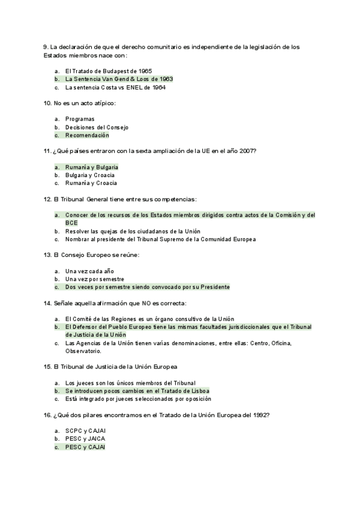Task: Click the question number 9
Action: pyautogui.click(x=46, y=46)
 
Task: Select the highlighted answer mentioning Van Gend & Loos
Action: pyautogui.click(x=111, y=79)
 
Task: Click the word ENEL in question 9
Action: pyautogui.click(x=136, y=87)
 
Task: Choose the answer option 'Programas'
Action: pyautogui.click(x=80, y=119)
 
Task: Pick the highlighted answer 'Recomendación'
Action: pyautogui.click(x=87, y=135)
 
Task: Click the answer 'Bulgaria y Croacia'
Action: pyautogui.click(x=90, y=175)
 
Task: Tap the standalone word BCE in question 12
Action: pyautogui.click(x=71, y=222)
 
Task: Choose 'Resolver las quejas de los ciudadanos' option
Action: pyautogui.click(x=133, y=231)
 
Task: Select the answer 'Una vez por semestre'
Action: pyautogui.click(x=95, y=279)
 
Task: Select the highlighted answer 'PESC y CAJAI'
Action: pyautogui.click(x=85, y=447)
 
